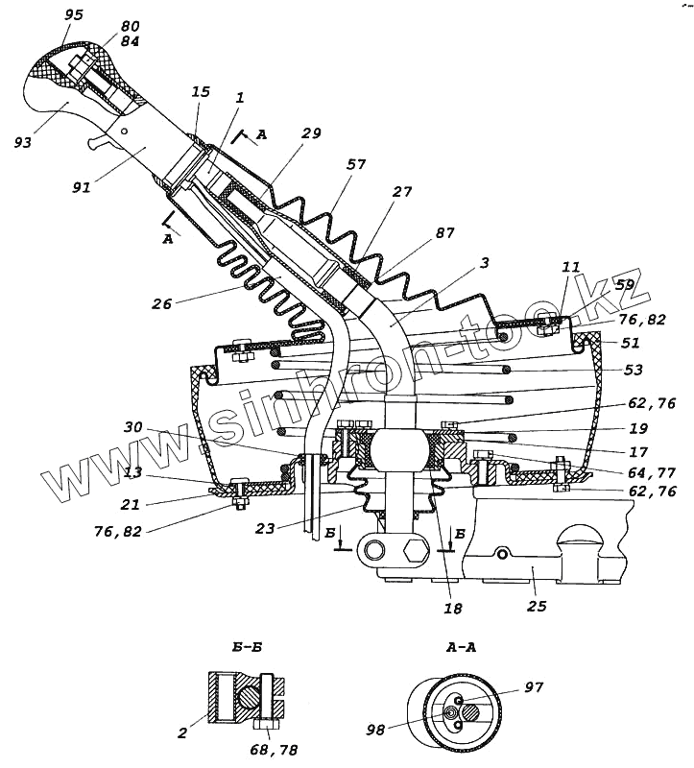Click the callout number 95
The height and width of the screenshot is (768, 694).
point(73,16)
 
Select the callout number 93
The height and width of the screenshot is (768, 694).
point(23,142)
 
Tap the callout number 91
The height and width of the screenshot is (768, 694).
point(81,187)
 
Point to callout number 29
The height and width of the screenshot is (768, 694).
point(310,133)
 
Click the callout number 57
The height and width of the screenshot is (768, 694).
point(355,165)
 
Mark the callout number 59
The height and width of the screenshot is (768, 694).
point(626,285)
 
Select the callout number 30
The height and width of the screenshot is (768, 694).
point(133,429)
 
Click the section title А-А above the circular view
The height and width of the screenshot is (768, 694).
point(461,648)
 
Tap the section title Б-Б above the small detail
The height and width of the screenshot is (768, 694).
point(248,648)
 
